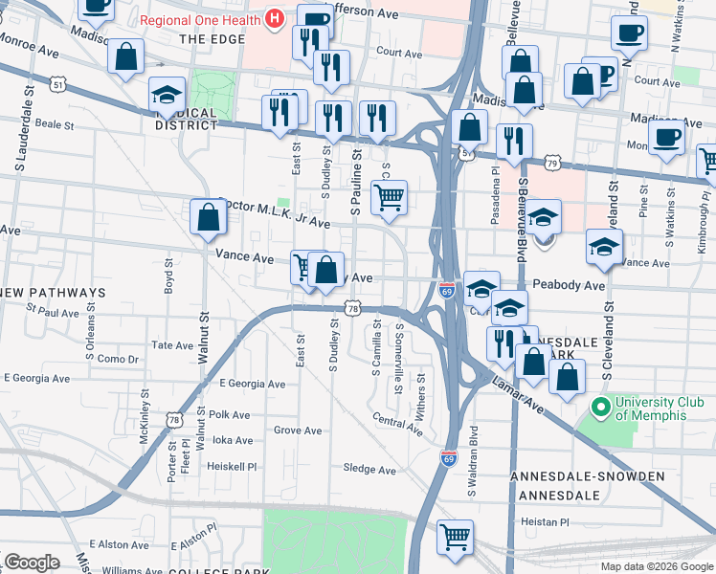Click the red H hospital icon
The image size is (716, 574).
click(275, 18)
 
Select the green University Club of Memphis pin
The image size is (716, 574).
click(601, 408)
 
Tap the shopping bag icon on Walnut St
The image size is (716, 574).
click(208, 217)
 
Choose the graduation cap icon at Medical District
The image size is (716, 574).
click(167, 94)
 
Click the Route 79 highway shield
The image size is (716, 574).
click(552, 164)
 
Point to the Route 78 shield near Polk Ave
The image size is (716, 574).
click(173, 419)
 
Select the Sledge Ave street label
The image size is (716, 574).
click(369, 470)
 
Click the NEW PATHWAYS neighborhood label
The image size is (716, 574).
click(53, 292)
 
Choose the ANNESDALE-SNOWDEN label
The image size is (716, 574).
click(587, 476)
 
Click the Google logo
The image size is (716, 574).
click(32, 562)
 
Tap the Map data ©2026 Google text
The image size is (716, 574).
click(656, 566)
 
